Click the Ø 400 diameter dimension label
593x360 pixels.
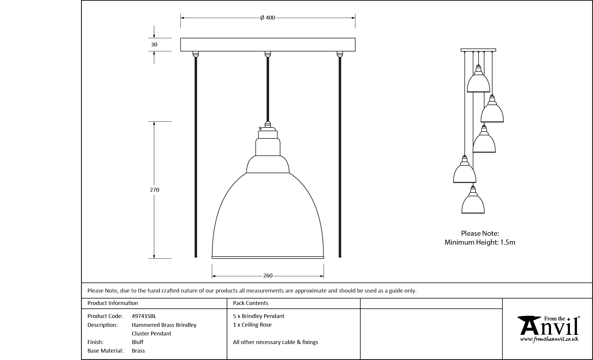(x=268, y=18)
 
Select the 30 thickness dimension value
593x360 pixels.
(x=154, y=45)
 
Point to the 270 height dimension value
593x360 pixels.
(x=154, y=190)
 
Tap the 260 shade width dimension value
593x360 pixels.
(x=268, y=276)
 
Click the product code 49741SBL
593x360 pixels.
(x=144, y=316)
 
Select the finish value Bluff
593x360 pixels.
(x=138, y=342)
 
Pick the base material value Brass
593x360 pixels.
(x=138, y=351)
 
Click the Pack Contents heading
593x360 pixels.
(x=251, y=303)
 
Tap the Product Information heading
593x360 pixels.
(x=113, y=303)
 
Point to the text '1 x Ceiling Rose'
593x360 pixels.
(x=252, y=325)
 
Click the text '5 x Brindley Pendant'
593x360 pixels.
(x=258, y=316)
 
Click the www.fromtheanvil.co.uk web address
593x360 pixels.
(x=549, y=339)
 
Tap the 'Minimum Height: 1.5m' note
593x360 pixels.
(x=480, y=242)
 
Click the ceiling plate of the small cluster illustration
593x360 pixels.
(x=478, y=50)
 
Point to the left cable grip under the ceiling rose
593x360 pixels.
(x=195, y=54)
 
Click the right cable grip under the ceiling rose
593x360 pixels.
(x=340, y=54)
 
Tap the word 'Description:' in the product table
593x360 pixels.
(x=102, y=325)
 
